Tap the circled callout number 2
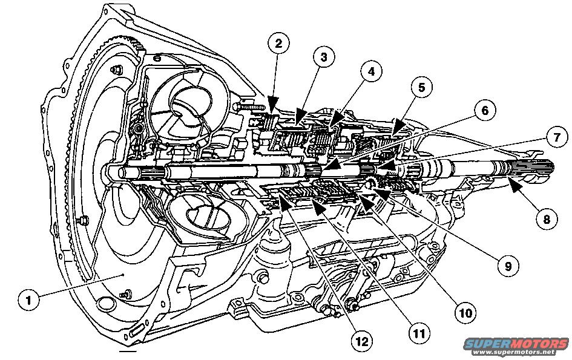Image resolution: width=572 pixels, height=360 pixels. [278, 44]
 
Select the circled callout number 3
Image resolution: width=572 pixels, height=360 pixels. [324, 57]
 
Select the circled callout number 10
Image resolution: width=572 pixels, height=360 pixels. [466, 312]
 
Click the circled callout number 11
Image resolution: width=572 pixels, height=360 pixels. [418, 332]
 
